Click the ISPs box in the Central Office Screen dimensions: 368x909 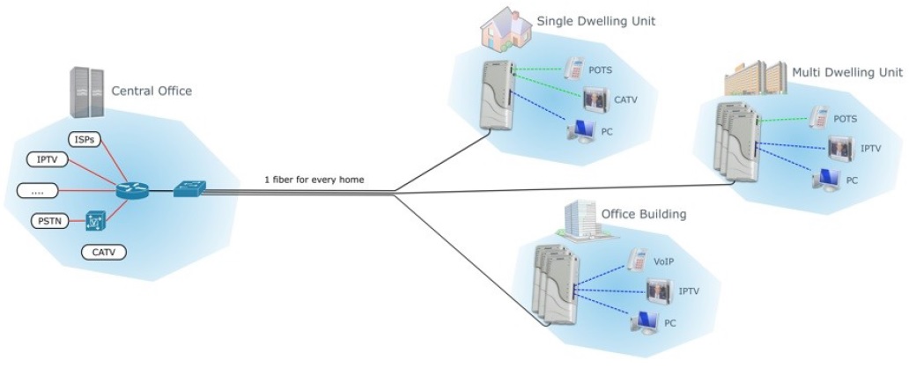pos(85,139)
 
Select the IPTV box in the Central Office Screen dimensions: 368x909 pos(46,159)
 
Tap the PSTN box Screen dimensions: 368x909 pos(46,220)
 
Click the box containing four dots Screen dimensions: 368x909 pos(37,189)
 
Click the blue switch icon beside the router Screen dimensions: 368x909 pos(187,188)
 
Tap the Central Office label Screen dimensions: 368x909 pos(151,91)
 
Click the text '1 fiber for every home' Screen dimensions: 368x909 pos(314,180)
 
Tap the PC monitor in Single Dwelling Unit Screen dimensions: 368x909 pos(581,131)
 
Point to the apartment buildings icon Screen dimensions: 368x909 pos(755,79)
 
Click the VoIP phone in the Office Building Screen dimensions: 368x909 pos(637,260)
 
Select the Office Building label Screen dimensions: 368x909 pos(642,214)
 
